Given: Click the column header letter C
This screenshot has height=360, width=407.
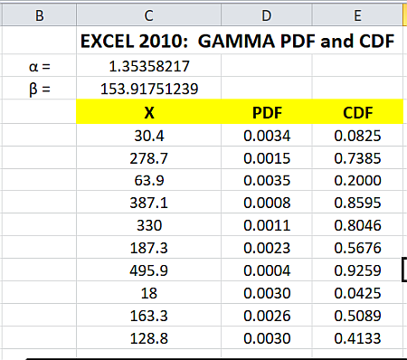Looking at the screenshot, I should [x=148, y=14].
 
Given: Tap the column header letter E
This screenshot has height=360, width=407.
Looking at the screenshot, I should [x=357, y=14].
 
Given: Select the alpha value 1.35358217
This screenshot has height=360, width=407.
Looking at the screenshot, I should [x=149, y=66].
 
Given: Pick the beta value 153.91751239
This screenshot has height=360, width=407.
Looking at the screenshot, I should [x=149, y=89].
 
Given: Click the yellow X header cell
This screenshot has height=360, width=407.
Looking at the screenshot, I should [x=148, y=113].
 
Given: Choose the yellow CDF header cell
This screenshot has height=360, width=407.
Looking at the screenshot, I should [x=357, y=113].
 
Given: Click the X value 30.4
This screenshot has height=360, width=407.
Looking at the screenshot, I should [x=149, y=136].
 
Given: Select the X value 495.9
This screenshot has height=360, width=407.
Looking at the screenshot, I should [x=149, y=270].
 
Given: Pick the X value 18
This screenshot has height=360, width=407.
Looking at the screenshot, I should [x=149, y=293].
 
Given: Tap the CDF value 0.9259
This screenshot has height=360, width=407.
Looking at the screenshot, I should [x=357, y=270].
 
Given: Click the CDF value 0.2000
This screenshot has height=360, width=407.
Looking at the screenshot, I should [x=357, y=180].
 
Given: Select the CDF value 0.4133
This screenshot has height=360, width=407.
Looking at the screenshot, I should [x=357, y=338].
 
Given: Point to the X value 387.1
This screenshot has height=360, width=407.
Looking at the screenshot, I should [x=149, y=203].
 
